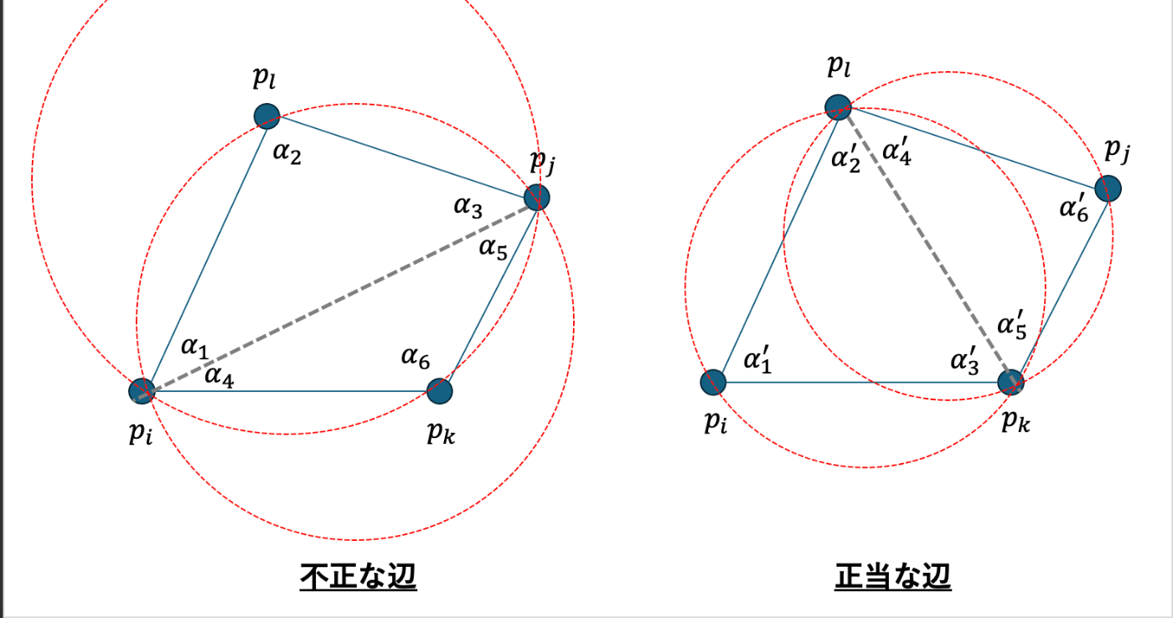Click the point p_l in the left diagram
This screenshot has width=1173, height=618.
point(266,116)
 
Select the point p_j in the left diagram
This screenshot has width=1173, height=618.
point(536,198)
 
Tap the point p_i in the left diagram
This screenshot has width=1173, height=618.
point(142,390)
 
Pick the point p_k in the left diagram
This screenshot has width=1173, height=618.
point(440,390)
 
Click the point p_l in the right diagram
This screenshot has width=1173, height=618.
point(838,107)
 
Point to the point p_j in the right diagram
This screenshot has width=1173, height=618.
point(1108,188)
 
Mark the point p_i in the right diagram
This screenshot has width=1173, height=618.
point(713,382)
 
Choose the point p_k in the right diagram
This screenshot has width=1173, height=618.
point(1011,382)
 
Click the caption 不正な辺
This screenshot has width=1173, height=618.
point(358,578)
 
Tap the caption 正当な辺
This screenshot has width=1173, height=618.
point(892,578)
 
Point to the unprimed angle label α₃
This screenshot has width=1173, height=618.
point(468,206)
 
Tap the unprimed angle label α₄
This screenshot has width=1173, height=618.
point(220,379)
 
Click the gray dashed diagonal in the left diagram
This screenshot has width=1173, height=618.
point(339,294)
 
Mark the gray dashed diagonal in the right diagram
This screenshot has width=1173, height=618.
point(925,245)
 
